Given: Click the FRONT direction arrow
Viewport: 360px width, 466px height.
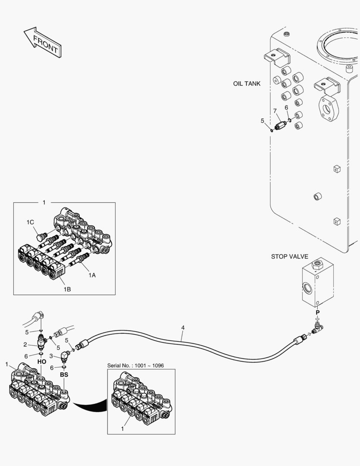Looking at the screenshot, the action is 43,42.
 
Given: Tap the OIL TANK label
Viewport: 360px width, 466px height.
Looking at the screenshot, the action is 247,84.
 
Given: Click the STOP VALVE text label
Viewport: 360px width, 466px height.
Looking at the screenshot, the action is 290,256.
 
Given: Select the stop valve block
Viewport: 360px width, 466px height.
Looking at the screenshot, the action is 317,282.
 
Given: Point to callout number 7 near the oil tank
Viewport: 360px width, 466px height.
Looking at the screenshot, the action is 275,111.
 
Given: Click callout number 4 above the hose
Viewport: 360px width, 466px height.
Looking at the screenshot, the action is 183,327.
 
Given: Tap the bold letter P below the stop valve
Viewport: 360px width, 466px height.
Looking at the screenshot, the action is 317,312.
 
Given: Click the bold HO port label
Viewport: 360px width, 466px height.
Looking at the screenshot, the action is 42,362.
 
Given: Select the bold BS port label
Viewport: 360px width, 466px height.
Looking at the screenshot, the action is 64,375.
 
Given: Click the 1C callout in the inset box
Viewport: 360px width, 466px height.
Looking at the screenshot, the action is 30,222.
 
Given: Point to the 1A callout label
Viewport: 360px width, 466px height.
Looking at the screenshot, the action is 92,275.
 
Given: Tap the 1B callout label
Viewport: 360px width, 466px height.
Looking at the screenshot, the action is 67,289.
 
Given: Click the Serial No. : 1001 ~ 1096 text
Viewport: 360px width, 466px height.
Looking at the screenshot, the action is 135,365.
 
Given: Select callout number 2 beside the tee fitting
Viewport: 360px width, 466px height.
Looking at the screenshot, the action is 25,344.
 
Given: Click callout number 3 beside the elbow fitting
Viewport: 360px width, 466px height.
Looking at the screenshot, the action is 51,356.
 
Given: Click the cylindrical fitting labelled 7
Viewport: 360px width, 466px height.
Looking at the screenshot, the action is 280,124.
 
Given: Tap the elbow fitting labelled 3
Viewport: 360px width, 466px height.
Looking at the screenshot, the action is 65,355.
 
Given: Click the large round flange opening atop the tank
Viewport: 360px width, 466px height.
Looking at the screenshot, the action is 338,47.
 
